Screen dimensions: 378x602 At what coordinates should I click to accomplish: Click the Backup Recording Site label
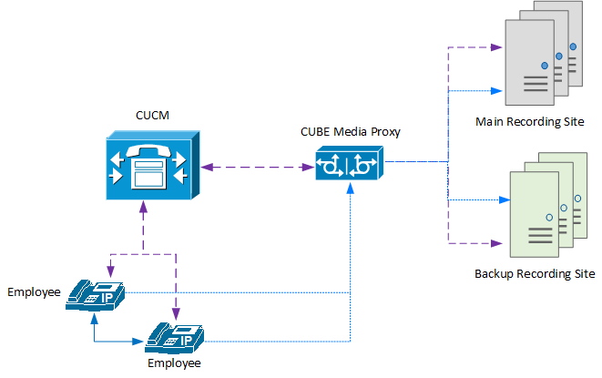click(535, 273)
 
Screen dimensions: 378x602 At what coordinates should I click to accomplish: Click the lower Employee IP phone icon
click(175, 337)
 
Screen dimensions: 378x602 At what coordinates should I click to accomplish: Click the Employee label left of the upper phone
click(34, 292)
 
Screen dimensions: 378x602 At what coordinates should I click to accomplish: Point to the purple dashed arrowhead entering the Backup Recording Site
click(497, 243)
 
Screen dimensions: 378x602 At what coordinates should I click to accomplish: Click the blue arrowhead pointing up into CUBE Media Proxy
click(351, 187)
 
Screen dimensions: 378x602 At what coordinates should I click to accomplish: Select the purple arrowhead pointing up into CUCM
click(144, 207)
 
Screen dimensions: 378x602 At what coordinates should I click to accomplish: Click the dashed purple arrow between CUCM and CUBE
click(252, 167)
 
